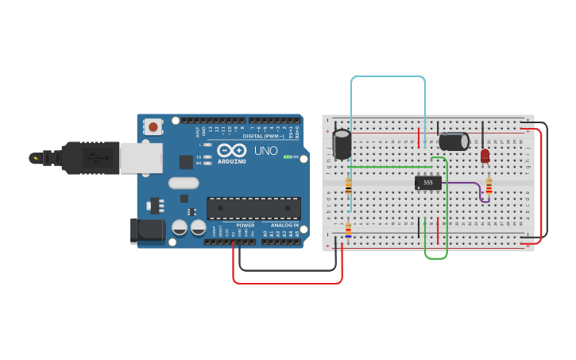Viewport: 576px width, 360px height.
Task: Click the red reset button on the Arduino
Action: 153,127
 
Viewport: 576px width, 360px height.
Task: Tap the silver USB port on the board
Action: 142,157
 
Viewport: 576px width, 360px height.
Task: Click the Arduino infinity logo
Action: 232,150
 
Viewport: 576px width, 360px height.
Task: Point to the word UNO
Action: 265,150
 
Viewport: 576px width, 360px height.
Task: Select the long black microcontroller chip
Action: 253,207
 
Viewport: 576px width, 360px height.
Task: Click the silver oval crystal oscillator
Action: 184,183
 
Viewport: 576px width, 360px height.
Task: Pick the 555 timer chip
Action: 428,183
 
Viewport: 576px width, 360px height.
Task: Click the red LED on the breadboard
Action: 485,156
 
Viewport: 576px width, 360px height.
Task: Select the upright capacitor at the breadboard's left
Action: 342,144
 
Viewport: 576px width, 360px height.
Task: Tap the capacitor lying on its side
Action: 454,141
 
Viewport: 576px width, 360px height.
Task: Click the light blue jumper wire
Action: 388,77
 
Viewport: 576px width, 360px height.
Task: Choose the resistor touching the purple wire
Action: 489,186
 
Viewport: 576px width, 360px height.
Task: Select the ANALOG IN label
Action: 284,225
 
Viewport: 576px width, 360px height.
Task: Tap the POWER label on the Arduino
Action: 245,225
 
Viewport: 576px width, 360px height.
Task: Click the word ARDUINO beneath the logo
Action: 231,161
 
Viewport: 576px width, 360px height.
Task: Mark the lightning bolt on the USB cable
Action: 35,157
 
